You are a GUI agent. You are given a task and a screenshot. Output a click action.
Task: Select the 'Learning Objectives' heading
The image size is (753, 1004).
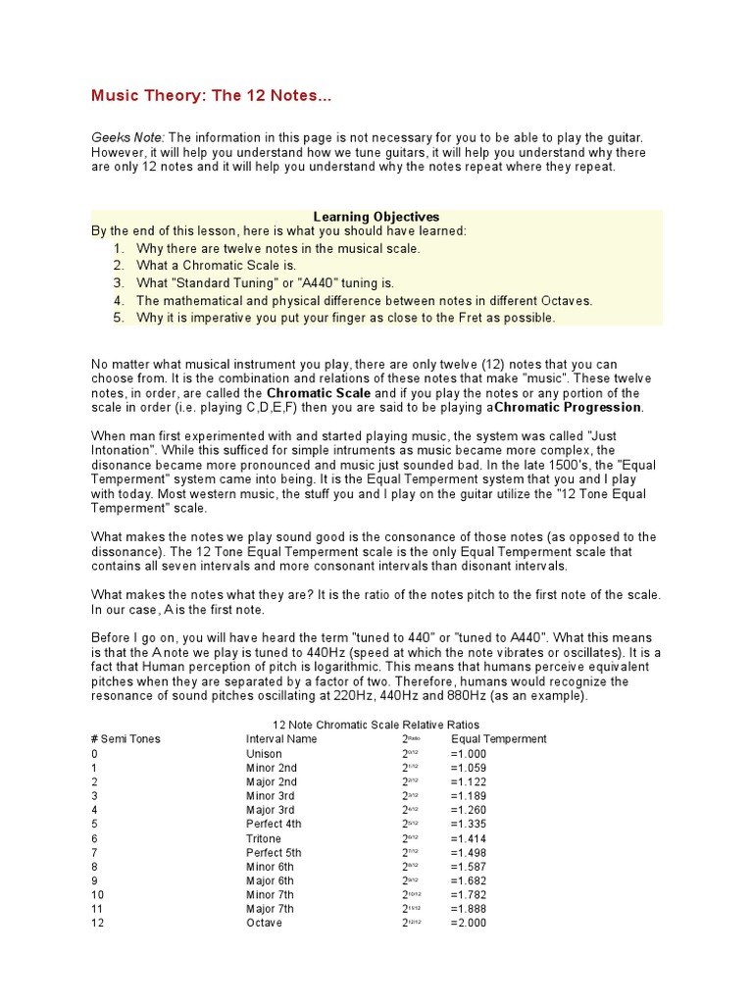376,217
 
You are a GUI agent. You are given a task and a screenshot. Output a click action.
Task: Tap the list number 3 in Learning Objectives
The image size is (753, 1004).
118,282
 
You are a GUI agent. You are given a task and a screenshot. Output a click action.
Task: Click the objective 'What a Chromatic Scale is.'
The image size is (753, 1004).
216,265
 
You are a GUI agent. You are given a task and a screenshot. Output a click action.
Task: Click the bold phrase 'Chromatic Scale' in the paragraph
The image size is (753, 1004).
319,392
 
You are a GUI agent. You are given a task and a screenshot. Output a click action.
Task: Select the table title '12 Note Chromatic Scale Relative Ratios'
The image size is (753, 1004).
376,725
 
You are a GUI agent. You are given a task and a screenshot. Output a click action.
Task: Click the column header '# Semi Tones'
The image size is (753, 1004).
125,739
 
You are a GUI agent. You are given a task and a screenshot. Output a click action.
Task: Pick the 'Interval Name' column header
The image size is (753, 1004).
281,739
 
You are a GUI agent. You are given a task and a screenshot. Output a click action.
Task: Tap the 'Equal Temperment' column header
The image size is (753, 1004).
499,739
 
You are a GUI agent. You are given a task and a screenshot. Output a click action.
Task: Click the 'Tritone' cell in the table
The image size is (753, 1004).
264,839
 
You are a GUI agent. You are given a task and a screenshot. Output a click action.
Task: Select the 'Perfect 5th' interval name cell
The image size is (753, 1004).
274,853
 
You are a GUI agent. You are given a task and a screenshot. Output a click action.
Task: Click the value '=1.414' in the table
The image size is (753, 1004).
469,839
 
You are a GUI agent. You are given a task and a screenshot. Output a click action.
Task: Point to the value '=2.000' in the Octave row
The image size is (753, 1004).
469,924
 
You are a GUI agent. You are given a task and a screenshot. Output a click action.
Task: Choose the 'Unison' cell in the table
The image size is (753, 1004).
264,754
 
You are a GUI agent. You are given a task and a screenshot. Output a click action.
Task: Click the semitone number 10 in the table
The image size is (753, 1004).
97,895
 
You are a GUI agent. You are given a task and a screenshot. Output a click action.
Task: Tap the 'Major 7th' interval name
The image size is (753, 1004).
270,910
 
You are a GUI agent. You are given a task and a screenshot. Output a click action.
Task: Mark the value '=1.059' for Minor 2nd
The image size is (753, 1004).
469,768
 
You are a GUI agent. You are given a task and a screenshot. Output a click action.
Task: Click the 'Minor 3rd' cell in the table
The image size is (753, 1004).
270,796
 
